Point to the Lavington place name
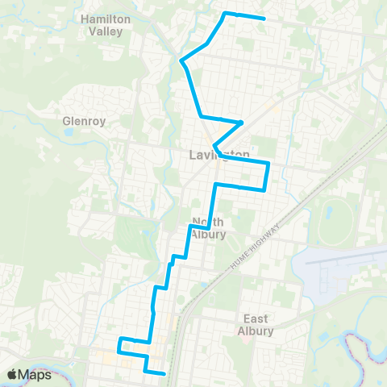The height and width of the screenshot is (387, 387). coord(219,154)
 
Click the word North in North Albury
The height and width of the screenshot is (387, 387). coord(207,223)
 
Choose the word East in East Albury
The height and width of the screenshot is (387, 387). coord(256,318)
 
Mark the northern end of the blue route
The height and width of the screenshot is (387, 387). coord(264,19)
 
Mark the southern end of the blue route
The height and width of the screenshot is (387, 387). coord(164,373)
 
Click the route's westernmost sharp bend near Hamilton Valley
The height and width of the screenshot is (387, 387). coord(181,60)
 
